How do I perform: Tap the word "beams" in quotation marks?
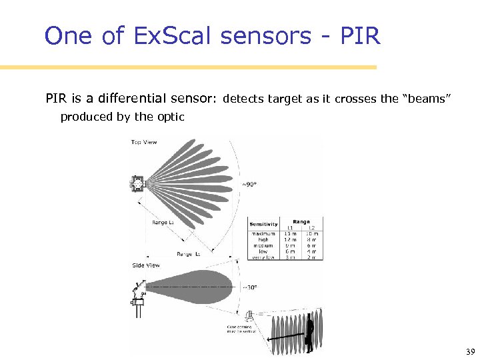tap(425, 99)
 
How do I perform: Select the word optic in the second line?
tap(170, 117)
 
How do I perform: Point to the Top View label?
tap(145, 142)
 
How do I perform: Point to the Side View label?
tap(145, 265)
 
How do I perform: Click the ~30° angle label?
tap(249, 289)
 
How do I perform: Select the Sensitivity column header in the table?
tap(263, 225)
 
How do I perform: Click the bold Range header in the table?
tap(301, 221)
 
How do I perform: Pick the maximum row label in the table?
tap(263, 233)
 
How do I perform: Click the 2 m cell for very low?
tap(311, 257)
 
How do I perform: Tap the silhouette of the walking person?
tap(309, 333)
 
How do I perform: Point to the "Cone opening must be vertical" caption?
tap(239, 329)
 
